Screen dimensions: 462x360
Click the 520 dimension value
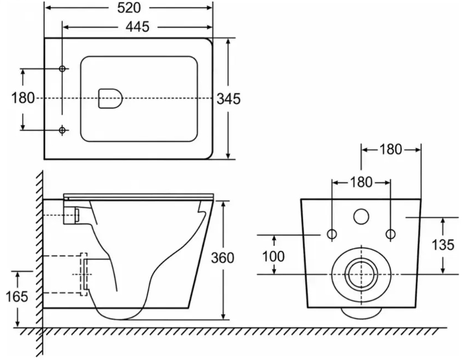(129, 8)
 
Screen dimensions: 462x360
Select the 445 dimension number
(138, 27)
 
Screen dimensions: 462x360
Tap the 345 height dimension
(229, 99)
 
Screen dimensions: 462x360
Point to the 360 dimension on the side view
(223, 258)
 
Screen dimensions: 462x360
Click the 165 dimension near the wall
(17, 297)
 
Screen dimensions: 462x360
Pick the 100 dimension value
(273, 256)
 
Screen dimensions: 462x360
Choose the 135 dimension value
(443, 245)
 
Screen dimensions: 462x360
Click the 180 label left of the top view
(23, 98)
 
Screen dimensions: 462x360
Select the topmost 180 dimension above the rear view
(391, 149)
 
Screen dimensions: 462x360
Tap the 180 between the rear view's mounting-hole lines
(361, 182)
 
